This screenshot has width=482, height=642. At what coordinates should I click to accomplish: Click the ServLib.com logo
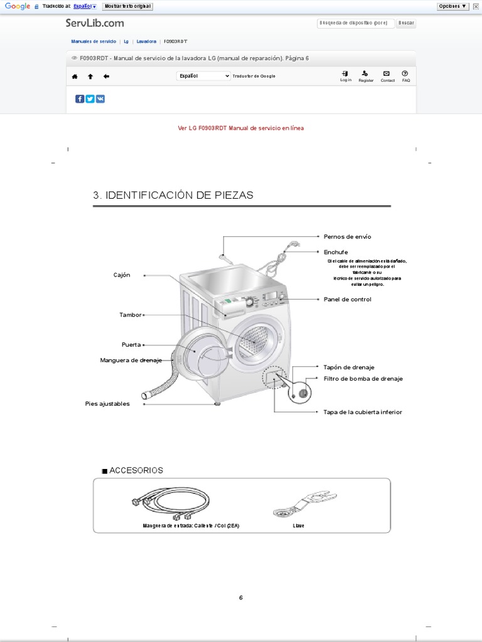pyautogui.click(x=95, y=23)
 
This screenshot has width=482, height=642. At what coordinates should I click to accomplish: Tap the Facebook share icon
pyautogui.click(x=80, y=98)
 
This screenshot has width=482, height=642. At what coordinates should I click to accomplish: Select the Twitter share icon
pyautogui.click(x=90, y=98)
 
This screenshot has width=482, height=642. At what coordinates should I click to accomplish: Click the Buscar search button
pyautogui.click(x=406, y=23)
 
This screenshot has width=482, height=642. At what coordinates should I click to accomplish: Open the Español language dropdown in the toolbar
pyautogui.click(x=204, y=76)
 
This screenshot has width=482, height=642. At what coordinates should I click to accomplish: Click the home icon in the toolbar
pyautogui.click(x=75, y=76)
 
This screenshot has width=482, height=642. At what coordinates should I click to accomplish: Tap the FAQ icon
pyautogui.click(x=405, y=76)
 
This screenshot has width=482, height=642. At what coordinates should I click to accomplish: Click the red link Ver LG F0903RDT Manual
pyautogui.click(x=241, y=128)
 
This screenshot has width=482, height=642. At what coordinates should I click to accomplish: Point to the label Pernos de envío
pyautogui.click(x=347, y=236)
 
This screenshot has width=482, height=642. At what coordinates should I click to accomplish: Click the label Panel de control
pyautogui.click(x=347, y=299)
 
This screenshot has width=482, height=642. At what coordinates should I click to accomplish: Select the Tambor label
pyautogui.click(x=131, y=315)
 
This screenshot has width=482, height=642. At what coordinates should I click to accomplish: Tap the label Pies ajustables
pyautogui.click(x=107, y=404)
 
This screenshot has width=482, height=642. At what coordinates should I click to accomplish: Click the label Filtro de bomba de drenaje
pyautogui.click(x=363, y=379)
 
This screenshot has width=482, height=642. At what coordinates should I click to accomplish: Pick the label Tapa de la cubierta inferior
pyautogui.click(x=362, y=412)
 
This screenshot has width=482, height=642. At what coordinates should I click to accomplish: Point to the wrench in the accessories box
pyautogui.click(x=305, y=503)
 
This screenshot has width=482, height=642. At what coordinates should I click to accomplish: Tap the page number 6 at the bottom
pyautogui.click(x=240, y=597)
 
